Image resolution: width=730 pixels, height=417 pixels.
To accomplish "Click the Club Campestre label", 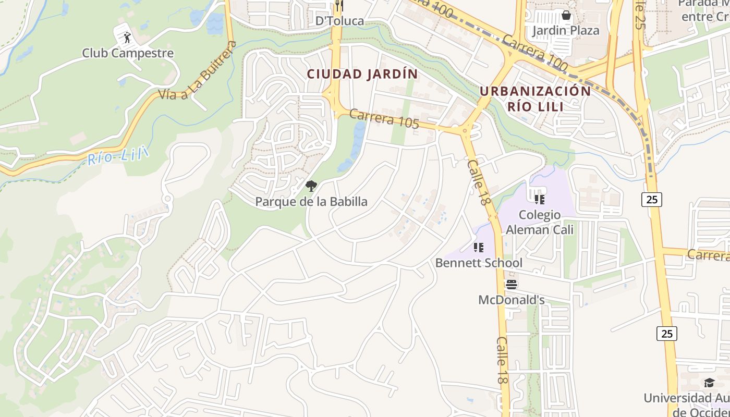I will click(x=128, y=53).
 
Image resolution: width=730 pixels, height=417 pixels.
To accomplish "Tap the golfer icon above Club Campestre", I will click(x=127, y=38).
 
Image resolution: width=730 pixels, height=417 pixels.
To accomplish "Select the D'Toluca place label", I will click(x=339, y=21).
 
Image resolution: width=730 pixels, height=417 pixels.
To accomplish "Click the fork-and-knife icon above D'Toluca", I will click(x=339, y=5).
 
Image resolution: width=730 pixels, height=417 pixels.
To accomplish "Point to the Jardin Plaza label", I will click(x=566, y=31).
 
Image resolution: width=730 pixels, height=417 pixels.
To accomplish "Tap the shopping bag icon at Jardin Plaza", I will click(x=566, y=15).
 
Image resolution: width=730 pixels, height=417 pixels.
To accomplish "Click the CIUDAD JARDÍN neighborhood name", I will click(x=362, y=74).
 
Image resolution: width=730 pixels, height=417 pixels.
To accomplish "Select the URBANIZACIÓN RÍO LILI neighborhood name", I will click(x=536, y=99).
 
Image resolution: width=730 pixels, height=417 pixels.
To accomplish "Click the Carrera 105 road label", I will click(x=384, y=119).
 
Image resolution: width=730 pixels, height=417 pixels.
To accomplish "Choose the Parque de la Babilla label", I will click(x=311, y=202).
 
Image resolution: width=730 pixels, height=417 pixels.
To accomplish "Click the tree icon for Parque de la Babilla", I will click(x=311, y=186).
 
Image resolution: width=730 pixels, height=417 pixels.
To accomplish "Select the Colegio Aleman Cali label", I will click(x=540, y=222).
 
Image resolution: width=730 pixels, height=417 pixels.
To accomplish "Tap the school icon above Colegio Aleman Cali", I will click(x=540, y=199).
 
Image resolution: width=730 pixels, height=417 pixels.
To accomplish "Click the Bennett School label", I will click(x=479, y=263).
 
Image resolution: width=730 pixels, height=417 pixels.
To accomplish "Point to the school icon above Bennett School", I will click(x=479, y=248).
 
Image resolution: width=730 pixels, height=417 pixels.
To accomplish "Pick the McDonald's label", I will click(x=512, y=300).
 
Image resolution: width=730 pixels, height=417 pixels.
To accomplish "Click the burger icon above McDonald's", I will click(x=512, y=285).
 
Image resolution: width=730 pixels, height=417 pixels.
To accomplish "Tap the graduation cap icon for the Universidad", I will click(x=709, y=383).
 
